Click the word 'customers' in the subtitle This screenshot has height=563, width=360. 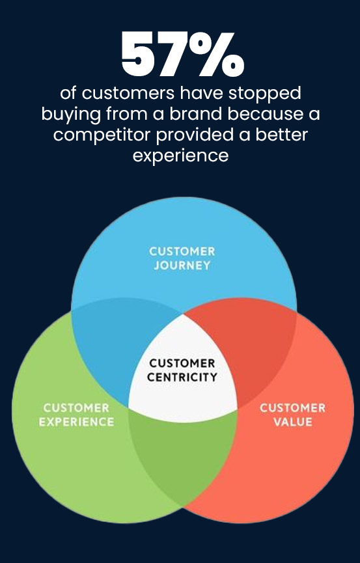point(128,94)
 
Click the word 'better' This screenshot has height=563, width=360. point(281,135)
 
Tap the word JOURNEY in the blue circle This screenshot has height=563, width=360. point(182,266)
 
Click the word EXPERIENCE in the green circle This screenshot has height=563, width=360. point(77,422)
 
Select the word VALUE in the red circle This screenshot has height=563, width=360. point(293,422)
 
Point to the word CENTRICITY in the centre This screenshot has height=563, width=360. point(182,377)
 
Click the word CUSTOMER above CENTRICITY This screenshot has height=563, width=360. point(182,363)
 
